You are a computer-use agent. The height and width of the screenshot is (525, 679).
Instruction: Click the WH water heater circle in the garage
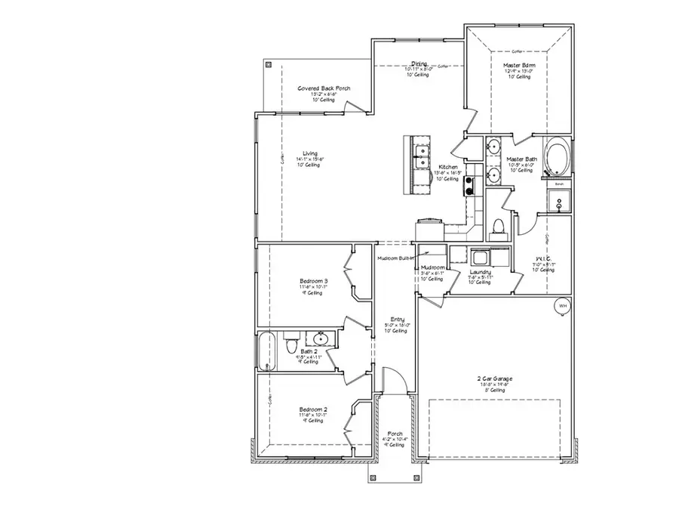point(562,306)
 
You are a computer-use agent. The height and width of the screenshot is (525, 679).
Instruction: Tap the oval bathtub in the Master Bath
point(558,155)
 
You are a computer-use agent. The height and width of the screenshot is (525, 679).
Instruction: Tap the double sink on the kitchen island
point(420,159)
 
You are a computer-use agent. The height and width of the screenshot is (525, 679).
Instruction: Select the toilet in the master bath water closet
point(497,226)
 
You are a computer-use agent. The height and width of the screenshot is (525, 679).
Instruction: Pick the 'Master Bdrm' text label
point(519,66)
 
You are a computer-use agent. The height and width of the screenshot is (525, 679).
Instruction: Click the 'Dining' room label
point(419,63)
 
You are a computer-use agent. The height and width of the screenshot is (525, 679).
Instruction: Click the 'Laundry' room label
point(481,272)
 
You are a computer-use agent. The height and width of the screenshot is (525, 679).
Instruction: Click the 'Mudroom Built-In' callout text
point(397,259)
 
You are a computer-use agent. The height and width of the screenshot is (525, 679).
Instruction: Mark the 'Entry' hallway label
point(397,319)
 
